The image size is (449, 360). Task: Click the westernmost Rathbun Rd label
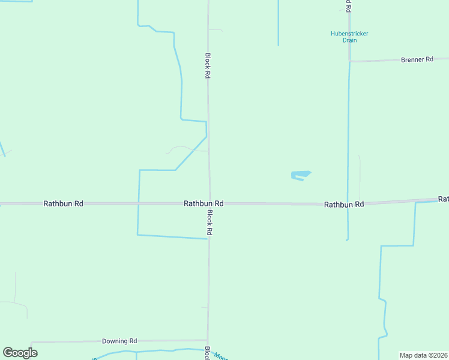tap(63, 204)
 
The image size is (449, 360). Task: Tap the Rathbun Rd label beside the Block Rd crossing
tap(203, 204)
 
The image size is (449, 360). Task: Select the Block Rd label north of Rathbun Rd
tap(208, 66)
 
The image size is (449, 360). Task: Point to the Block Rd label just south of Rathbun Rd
tap(209, 222)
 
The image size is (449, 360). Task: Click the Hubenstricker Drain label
tap(349, 37)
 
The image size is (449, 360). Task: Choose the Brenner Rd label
tap(417, 59)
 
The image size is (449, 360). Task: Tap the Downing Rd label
tap(119, 341)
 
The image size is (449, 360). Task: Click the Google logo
tap(20, 353)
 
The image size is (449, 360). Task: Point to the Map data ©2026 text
tap(423, 355)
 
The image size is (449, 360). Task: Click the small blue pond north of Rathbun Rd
tap(300, 175)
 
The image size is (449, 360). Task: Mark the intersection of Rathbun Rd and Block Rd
tap(209, 204)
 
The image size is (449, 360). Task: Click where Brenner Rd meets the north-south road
tap(349, 61)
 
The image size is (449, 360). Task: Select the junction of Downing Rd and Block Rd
tap(208, 340)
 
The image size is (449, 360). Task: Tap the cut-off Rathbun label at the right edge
tap(443, 199)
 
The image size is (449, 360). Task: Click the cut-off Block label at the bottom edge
tap(207, 354)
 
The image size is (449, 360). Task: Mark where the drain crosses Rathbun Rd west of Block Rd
tap(139, 204)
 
